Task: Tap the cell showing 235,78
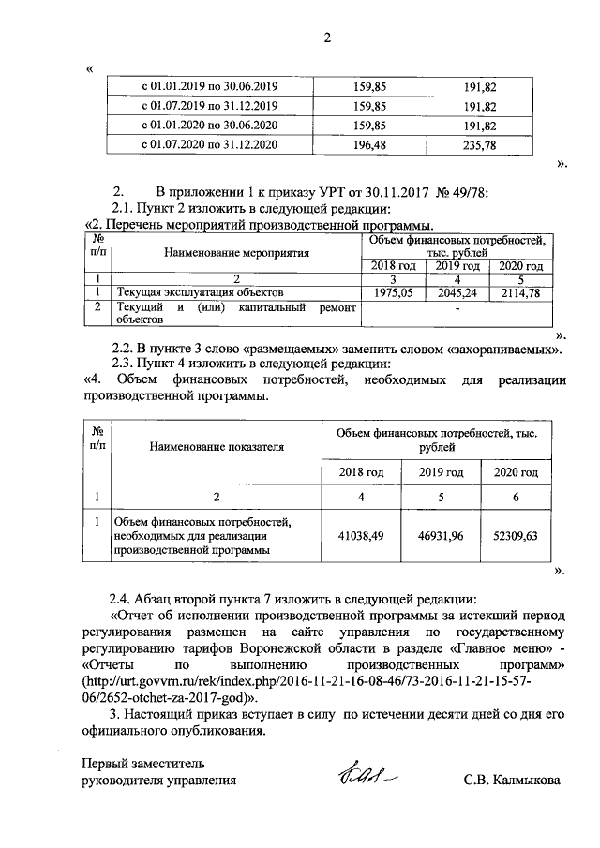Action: [x=479, y=144]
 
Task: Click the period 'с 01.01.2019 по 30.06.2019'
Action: [x=210, y=85]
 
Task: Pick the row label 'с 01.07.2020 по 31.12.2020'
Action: [x=210, y=144]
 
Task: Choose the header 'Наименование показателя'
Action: [x=217, y=447]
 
